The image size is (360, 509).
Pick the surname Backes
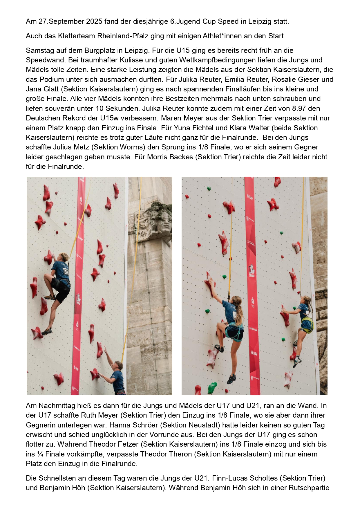pos(180,157)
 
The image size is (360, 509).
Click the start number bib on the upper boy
pos(66,272)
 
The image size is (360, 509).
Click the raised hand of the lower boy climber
pos(105,349)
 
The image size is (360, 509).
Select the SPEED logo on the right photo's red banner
pos(252,270)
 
